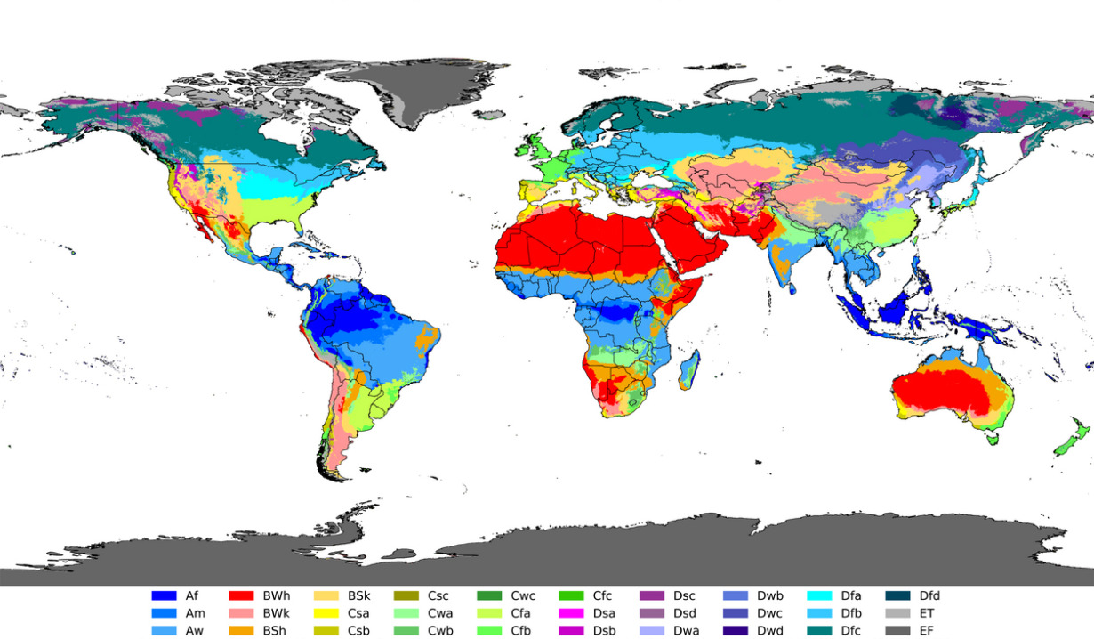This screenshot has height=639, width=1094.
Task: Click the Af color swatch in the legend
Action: click(x=164, y=595)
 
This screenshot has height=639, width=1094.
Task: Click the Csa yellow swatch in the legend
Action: click(x=327, y=613)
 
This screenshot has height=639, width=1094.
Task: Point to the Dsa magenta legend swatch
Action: click(x=571, y=613)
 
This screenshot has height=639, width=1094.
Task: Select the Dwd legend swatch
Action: click(x=736, y=631)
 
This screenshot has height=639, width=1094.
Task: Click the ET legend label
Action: click(x=926, y=613)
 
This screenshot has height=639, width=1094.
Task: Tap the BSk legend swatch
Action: click(x=327, y=595)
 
